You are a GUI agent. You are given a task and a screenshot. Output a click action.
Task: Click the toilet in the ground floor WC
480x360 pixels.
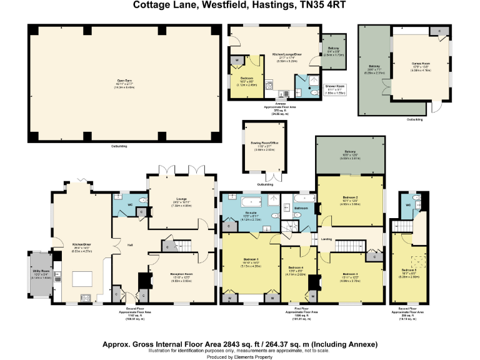(143, 199)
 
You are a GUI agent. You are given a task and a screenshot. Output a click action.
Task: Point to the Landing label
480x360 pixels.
(326, 238)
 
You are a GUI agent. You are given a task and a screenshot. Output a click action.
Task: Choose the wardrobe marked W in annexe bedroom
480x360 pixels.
(236, 61)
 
